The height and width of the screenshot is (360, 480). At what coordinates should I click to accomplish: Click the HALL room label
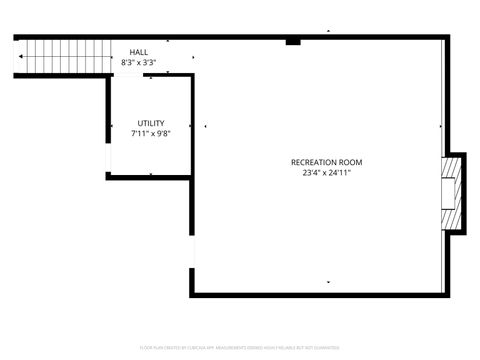click(x=139, y=53)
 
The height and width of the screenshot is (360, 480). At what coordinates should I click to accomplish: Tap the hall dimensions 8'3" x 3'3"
click(x=139, y=63)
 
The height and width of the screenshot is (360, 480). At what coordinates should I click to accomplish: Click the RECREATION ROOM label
click(x=326, y=162)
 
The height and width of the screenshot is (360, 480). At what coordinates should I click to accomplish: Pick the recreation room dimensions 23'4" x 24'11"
click(x=326, y=172)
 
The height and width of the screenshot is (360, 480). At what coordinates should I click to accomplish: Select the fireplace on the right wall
click(x=455, y=192)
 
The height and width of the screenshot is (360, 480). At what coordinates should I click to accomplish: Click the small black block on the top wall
click(x=293, y=42)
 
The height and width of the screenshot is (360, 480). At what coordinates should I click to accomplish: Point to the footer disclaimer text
click(x=240, y=347)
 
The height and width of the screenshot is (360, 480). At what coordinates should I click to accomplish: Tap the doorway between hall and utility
click(x=150, y=73)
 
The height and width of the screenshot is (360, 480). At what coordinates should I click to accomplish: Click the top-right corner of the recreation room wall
click(x=447, y=38)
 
